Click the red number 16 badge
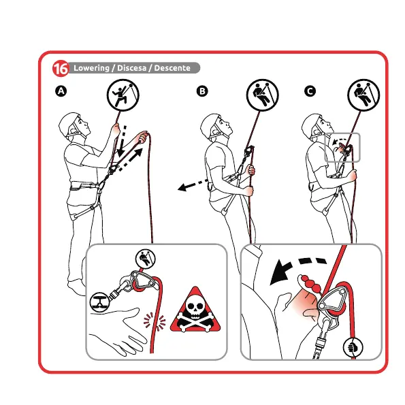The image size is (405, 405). [x=61, y=69]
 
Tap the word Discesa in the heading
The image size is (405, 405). [x=132, y=68]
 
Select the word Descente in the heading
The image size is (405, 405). [x=172, y=68]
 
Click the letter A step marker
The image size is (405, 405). [x=61, y=91]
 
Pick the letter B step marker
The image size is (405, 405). [x=202, y=91]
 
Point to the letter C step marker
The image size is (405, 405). [x=310, y=91]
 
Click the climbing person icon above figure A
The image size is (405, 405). [x=123, y=95]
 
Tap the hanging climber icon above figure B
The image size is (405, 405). [x=263, y=95]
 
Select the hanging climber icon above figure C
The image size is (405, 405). [x=363, y=95]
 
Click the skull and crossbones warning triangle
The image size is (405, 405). [x=195, y=310]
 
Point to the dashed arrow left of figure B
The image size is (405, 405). [x=193, y=184]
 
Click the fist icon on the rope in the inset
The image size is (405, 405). [x=353, y=347]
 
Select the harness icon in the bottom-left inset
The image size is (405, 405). [x=99, y=302]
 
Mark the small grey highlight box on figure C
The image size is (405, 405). [x=342, y=148]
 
